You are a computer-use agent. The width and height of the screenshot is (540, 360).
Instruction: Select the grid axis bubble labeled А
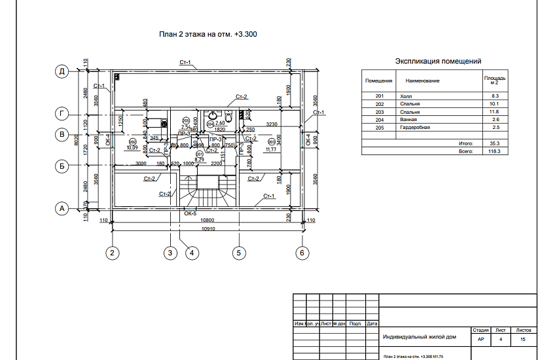[62, 209]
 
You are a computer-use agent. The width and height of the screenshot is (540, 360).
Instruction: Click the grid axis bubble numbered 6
[302, 253]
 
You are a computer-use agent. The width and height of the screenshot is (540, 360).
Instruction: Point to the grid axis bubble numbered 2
[113, 253]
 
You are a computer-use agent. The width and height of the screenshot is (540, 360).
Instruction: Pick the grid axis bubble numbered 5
[238, 253]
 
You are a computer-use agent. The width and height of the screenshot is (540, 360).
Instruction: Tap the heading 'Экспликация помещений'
[439, 61]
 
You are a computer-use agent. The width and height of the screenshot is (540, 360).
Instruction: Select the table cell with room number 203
[379, 112]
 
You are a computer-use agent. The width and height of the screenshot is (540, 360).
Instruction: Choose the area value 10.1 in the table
[495, 104]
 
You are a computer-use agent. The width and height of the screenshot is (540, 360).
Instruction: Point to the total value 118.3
[494, 151]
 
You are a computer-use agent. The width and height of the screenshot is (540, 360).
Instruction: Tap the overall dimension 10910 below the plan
[209, 229]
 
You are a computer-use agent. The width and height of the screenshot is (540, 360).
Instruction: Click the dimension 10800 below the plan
[209, 221]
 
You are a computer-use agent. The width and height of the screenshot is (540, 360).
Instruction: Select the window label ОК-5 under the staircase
[190, 213]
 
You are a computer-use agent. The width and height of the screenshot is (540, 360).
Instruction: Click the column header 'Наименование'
[422, 81]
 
